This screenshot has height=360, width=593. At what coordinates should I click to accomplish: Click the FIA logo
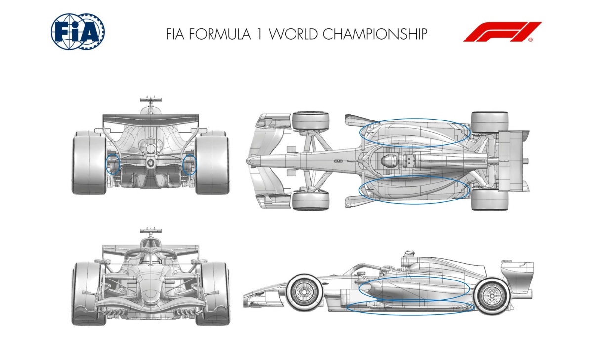78,32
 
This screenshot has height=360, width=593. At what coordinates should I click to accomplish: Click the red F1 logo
502,32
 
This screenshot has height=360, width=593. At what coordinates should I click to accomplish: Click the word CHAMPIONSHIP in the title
375,34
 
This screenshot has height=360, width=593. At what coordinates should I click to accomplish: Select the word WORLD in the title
293,34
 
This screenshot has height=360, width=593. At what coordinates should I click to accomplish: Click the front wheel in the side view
304,292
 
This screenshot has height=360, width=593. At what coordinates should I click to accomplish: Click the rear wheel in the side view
491,296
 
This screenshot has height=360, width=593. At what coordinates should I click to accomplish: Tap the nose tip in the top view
248,160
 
